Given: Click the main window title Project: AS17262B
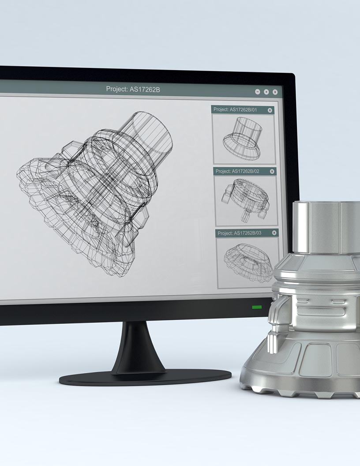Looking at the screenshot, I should click(x=133, y=89).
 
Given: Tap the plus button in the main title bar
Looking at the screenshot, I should click(x=266, y=92).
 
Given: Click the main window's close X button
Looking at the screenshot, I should click(x=275, y=92).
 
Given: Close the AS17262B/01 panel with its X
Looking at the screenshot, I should click(x=270, y=110).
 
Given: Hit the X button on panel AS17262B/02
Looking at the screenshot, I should click(x=272, y=171).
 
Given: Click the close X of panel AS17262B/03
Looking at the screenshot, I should click(x=274, y=233).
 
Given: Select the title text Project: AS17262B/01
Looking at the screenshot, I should click(x=235, y=109).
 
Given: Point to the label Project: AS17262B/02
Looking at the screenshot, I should click(x=237, y=171).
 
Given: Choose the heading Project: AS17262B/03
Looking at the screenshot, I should click(x=240, y=233).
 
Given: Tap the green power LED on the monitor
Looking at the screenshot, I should click(x=257, y=307).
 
